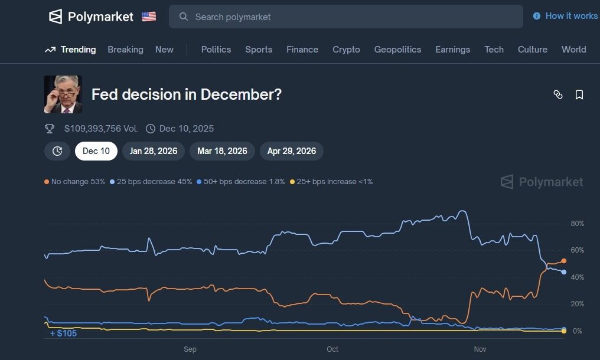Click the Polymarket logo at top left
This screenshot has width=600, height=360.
91,17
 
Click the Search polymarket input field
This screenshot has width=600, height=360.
345,17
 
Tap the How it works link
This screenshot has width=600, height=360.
566,16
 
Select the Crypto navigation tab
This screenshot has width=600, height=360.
346,50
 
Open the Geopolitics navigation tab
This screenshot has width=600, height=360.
397,50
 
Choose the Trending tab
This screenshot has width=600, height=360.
70,50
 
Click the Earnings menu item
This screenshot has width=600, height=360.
452,50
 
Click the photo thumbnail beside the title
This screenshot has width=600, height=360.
63,94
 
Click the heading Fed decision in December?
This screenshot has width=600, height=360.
187,94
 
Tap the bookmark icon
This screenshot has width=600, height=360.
579,94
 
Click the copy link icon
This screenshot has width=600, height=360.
558,94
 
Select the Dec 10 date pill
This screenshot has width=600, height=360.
96,151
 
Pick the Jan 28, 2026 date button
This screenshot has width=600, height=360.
154,151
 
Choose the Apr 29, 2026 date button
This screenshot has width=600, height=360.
292,151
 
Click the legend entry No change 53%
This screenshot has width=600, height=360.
74,182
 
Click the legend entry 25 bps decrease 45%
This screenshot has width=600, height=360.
151,182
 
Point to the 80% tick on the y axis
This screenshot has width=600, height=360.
577,224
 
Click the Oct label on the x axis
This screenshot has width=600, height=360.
332,349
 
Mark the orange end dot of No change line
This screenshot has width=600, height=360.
564,261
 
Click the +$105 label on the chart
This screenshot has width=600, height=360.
63,333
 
